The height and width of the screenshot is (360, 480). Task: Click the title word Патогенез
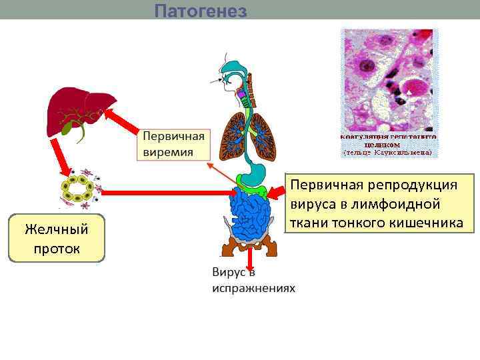coord(201,11)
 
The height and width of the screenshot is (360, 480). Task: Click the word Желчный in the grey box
coord(57,229)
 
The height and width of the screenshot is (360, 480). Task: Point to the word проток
coord(57,249)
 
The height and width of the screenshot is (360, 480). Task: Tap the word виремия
coord(169,152)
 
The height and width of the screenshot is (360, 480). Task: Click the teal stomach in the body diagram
coord(252,174)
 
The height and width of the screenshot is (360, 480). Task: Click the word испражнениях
coord(253,288)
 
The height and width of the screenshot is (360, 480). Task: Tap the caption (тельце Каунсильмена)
coord(388,153)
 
